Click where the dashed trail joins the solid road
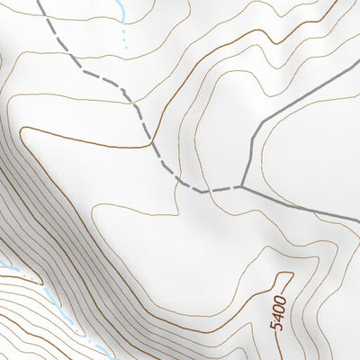[x=243, y=186]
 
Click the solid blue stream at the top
[x=117, y=11]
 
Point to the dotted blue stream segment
[x=123, y=38]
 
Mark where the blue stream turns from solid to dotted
[x=121, y=25]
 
